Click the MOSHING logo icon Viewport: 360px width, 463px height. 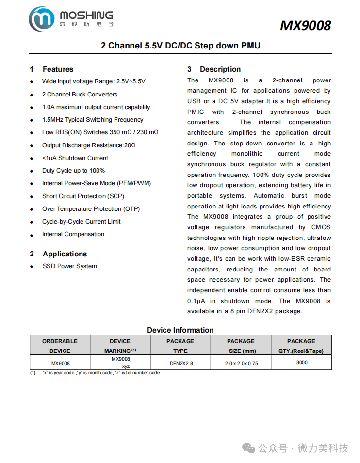point(41,19)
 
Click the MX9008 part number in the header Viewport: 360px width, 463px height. point(305,25)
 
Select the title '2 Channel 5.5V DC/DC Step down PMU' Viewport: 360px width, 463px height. point(180,46)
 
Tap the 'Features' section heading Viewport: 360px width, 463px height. point(58,69)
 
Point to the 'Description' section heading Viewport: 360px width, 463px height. point(220,69)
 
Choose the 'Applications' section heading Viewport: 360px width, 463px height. point(65,254)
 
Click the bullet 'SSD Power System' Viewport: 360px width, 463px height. point(69,266)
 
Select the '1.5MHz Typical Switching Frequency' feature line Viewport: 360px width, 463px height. point(93,120)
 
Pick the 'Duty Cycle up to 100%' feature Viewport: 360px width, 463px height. point(73,171)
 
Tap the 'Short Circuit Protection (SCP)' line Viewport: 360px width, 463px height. point(83,196)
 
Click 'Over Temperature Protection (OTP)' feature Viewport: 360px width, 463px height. point(91,209)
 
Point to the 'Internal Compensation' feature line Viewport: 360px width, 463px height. point(73,234)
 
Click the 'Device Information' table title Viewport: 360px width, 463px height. point(180,330)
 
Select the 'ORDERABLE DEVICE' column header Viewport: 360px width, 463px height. point(60,346)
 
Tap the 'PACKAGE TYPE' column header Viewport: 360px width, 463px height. point(180,346)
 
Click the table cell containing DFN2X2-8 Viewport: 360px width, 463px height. point(180,363)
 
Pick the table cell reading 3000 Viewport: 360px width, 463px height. point(301,362)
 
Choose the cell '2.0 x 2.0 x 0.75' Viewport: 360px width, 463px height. point(241,363)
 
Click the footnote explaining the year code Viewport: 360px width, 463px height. point(101,373)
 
